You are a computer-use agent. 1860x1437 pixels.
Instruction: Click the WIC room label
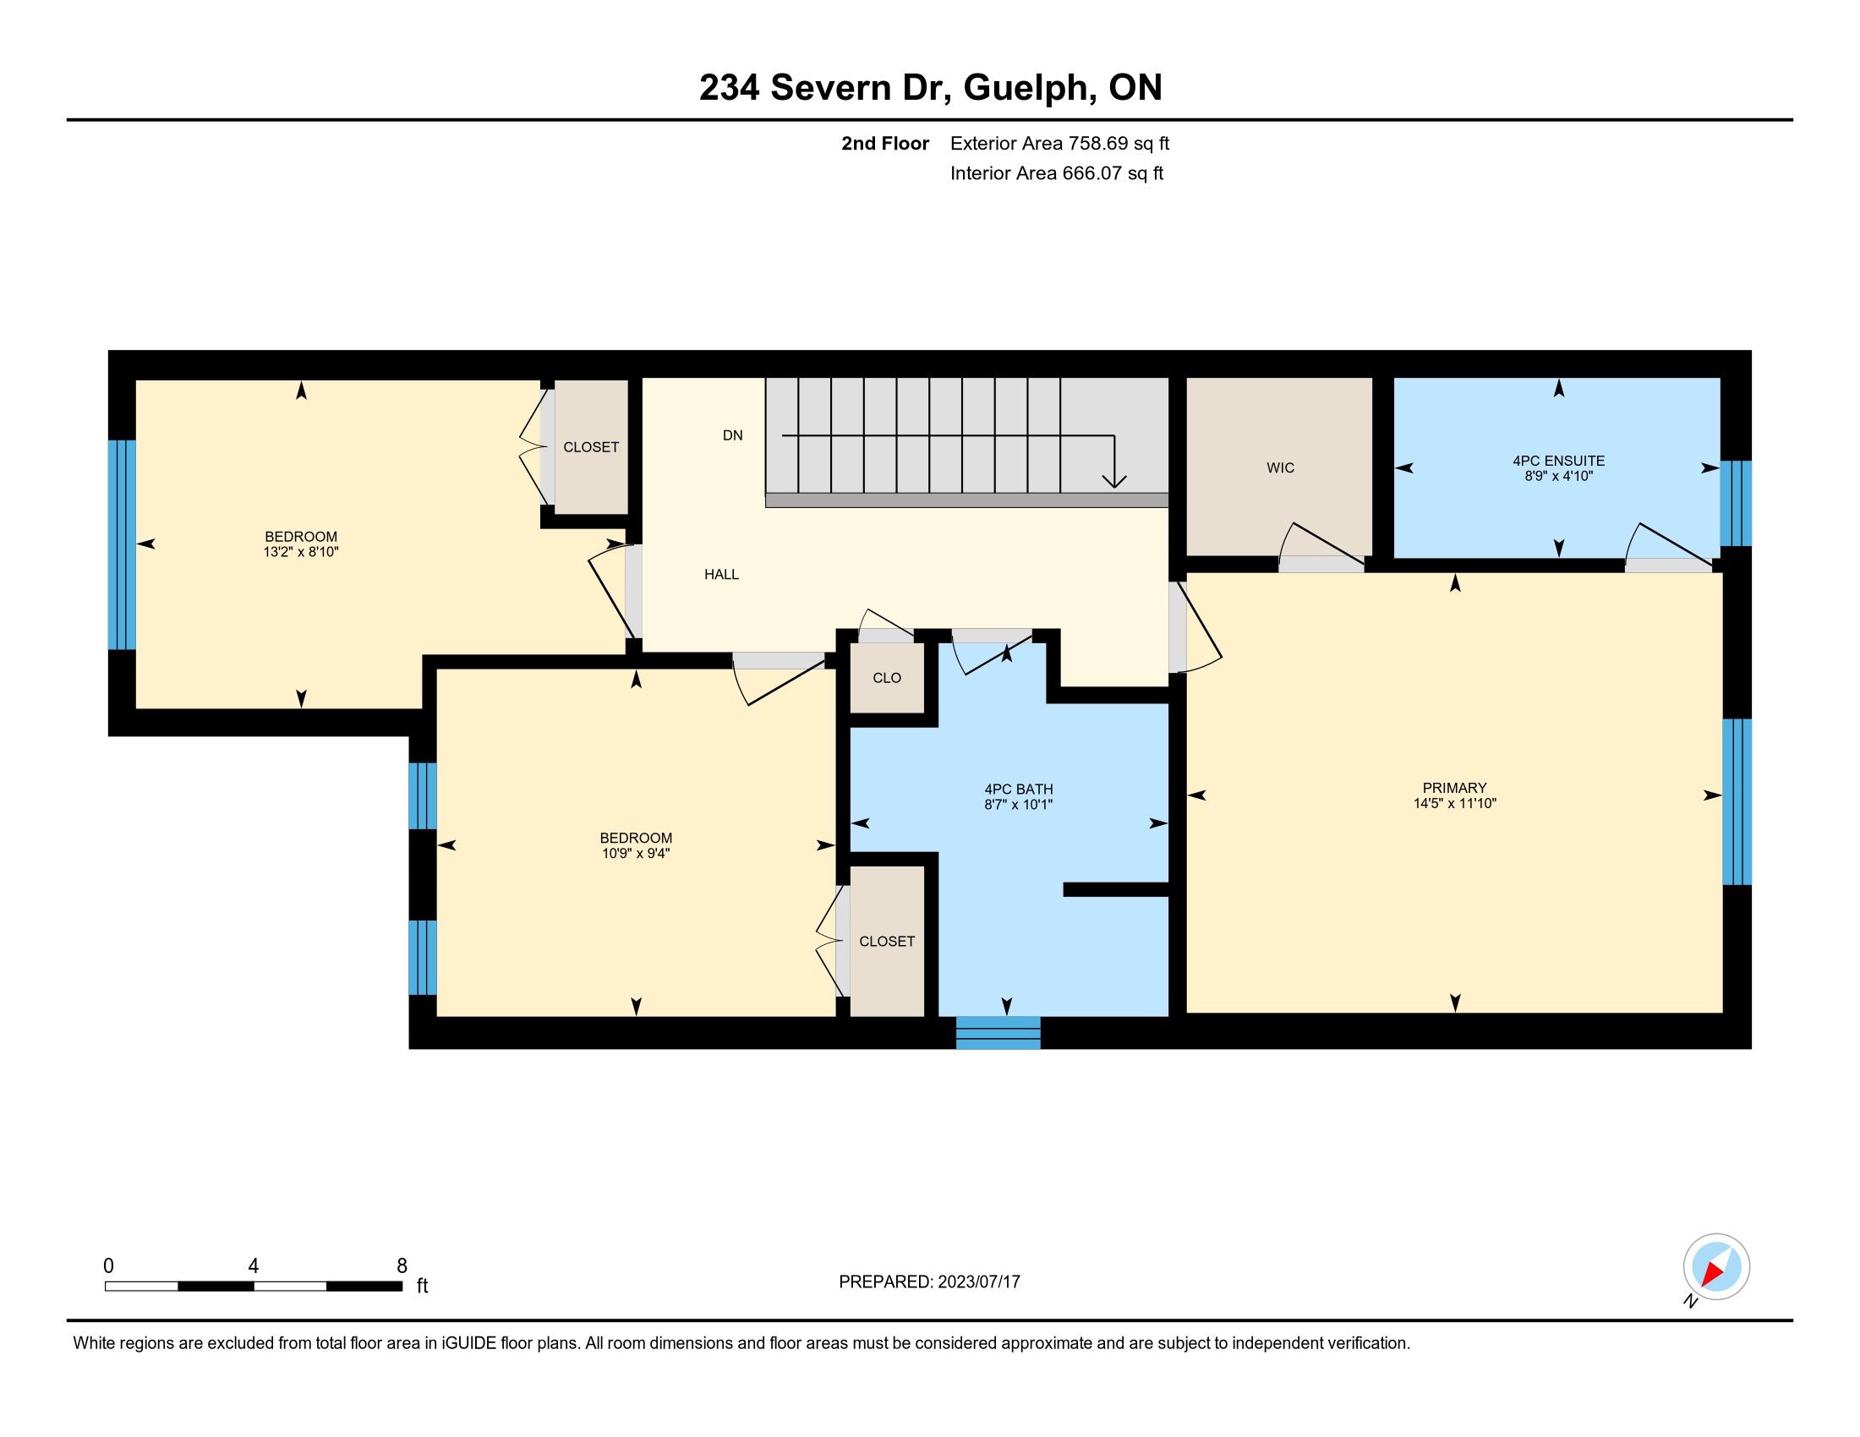point(1280,467)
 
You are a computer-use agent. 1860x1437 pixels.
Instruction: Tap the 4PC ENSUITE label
point(1558,461)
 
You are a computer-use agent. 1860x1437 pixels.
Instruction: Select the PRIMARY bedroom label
point(1455,788)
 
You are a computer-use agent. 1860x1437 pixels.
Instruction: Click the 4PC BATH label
point(1019,790)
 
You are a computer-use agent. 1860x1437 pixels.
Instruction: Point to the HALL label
point(721,575)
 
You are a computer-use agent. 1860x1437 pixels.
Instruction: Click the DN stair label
point(732,435)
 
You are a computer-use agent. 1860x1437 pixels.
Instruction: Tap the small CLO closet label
point(887,678)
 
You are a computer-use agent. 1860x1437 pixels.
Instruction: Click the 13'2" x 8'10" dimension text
point(301,552)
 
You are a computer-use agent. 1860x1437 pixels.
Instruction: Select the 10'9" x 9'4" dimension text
point(635,853)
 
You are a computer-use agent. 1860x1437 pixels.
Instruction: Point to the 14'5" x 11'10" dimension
point(1455,803)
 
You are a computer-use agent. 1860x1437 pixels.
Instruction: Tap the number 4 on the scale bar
point(253,1266)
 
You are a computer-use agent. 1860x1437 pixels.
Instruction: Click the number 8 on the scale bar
point(402,1266)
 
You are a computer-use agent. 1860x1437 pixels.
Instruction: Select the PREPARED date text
point(929,1282)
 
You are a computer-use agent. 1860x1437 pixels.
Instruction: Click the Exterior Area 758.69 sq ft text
point(1059,143)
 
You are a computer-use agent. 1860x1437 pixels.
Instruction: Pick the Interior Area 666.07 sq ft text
point(1057,172)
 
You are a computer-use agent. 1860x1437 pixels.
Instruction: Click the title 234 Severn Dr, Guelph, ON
point(930,88)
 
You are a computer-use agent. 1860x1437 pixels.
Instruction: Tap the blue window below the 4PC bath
point(998,1032)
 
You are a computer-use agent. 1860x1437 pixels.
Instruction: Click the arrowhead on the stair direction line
point(1114,481)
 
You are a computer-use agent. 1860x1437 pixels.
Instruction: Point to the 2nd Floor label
point(885,143)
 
